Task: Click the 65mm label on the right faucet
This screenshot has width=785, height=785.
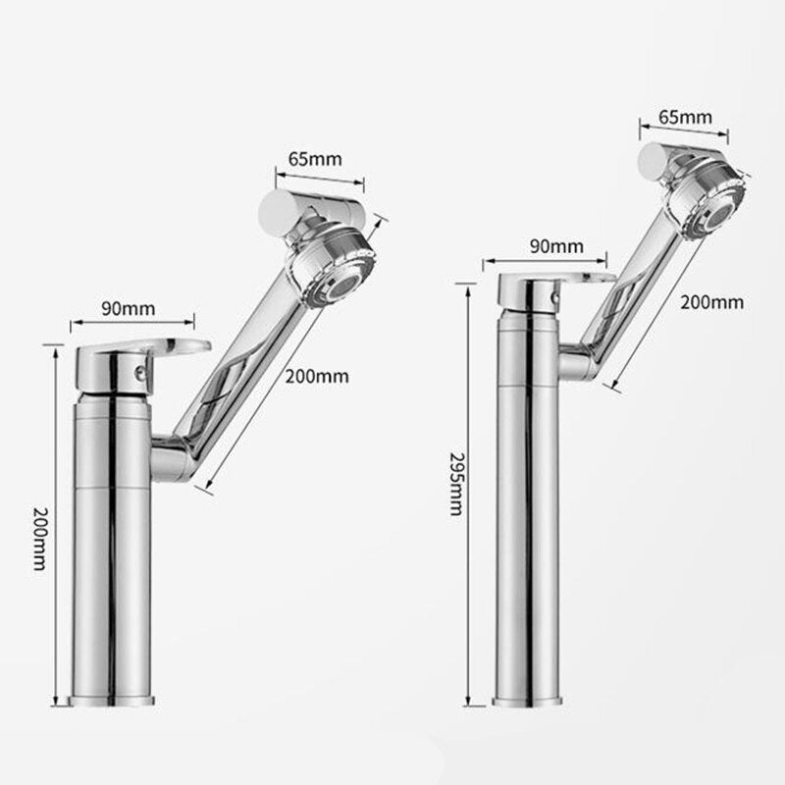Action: click(685, 117)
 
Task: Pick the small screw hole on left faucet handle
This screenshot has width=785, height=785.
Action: click(138, 372)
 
